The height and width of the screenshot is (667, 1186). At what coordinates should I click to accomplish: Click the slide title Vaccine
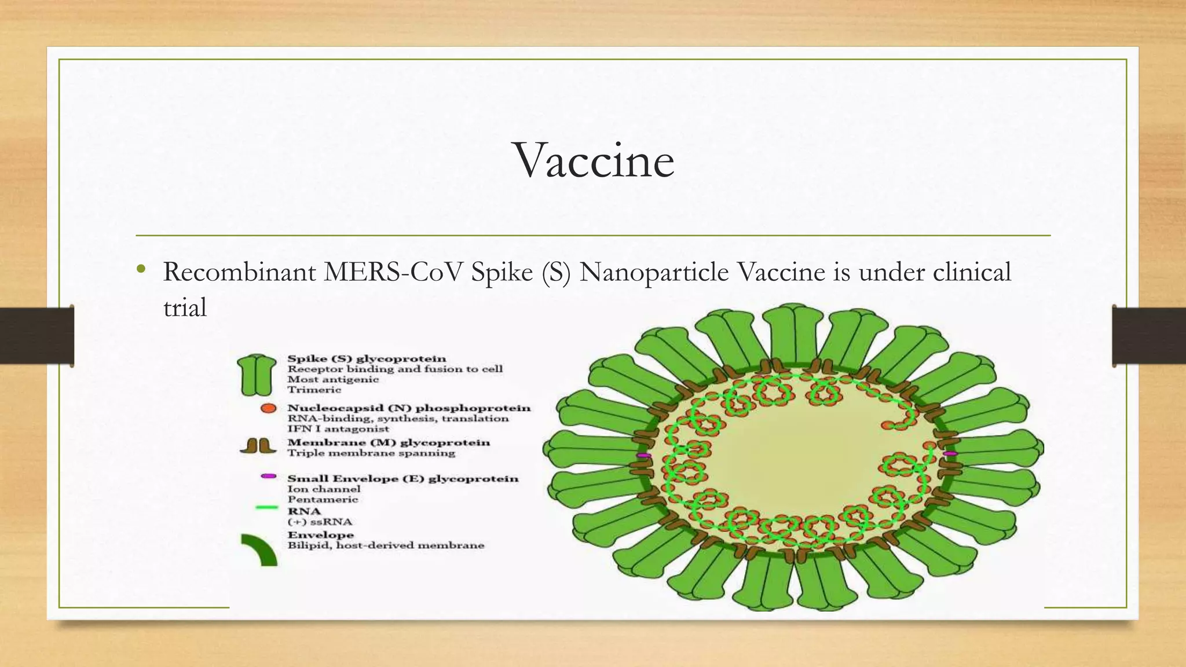(x=594, y=160)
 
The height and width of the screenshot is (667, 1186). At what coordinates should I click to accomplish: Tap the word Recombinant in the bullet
(x=239, y=272)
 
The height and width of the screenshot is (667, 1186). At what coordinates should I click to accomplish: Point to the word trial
(x=185, y=307)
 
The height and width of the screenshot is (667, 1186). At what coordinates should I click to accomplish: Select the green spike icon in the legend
(x=257, y=375)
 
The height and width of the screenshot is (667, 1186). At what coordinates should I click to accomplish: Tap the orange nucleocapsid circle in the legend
(x=268, y=408)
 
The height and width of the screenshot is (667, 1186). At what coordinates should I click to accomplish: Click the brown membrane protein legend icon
(x=258, y=446)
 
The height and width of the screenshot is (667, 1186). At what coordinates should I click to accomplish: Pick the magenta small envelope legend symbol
(x=268, y=476)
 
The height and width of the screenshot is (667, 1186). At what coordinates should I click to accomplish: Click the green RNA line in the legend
(x=267, y=508)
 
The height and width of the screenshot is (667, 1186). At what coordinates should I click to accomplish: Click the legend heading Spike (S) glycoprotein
(x=367, y=359)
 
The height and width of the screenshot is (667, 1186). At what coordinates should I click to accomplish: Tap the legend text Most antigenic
(x=333, y=380)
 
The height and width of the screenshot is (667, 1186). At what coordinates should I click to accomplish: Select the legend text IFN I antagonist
(x=338, y=429)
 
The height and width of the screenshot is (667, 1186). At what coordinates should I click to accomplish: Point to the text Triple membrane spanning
(x=371, y=453)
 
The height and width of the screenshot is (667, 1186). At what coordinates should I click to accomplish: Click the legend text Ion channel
(x=324, y=489)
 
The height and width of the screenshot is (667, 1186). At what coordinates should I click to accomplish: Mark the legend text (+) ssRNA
(x=320, y=522)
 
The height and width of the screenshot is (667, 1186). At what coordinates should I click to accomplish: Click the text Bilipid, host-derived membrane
(x=386, y=545)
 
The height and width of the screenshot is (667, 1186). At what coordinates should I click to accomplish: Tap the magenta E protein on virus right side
(x=950, y=453)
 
